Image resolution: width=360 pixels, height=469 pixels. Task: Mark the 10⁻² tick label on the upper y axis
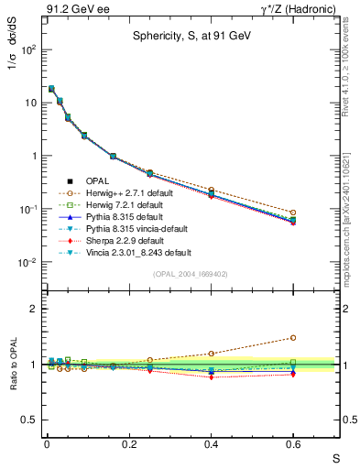click(x=27, y=262)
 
